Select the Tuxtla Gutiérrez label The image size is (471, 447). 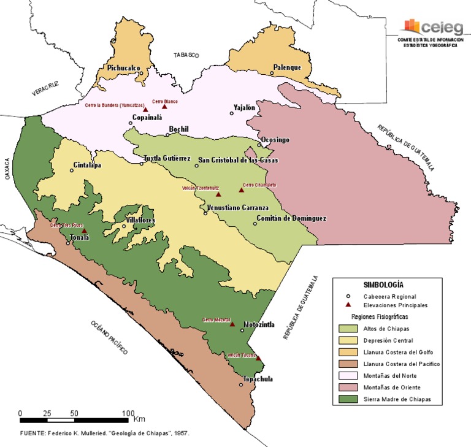pyautogui.click(x=167, y=158)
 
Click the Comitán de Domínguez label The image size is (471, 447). pyautogui.click(x=291, y=218)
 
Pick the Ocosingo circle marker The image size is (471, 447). pyautogui.click(x=259, y=145)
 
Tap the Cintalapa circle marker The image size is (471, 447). pyautogui.click(x=72, y=170)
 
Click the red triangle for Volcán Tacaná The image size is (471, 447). pyautogui.click(x=258, y=359)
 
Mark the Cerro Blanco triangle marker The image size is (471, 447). pyautogui.click(x=164, y=106)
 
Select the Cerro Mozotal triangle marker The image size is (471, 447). pyautogui.click(x=232, y=324)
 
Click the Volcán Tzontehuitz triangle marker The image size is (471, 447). pyautogui.click(x=218, y=194)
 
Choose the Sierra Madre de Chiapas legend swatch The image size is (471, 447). pyautogui.click(x=347, y=399)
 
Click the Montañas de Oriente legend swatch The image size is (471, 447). pyautogui.click(x=347, y=388)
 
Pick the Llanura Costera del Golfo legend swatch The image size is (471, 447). pyautogui.click(x=347, y=352)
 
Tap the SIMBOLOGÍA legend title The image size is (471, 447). pyautogui.click(x=383, y=285)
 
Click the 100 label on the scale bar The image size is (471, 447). pyautogui.click(x=128, y=413)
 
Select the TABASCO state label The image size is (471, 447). pyautogui.click(x=186, y=55)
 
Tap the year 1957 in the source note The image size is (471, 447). pyautogui.click(x=181, y=433)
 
